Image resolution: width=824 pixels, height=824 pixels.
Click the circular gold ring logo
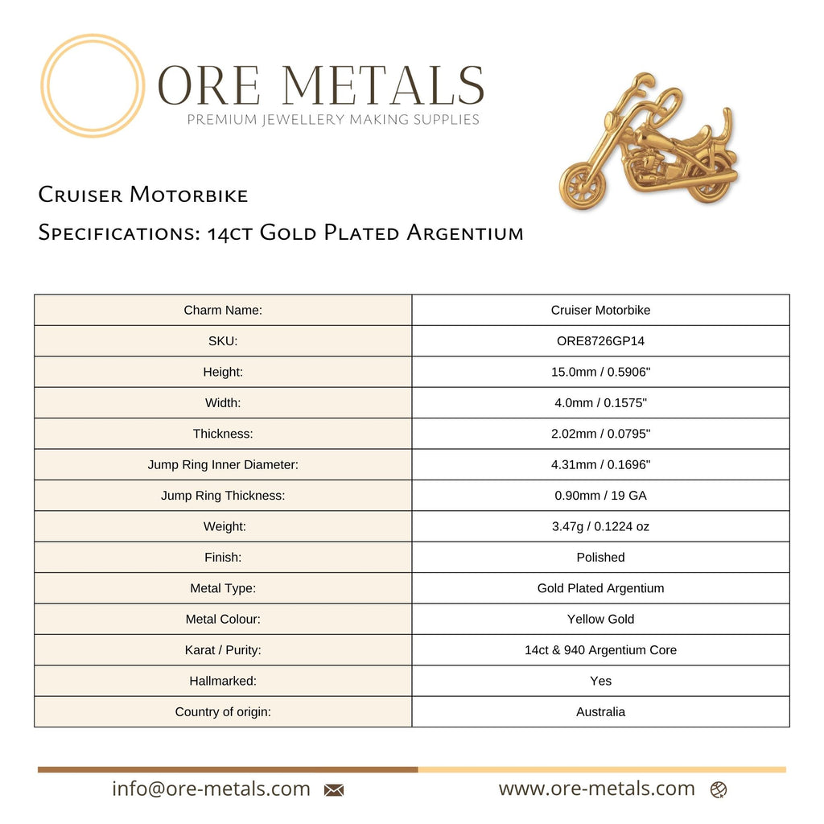93,85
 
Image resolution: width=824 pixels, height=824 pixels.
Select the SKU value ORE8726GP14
600,341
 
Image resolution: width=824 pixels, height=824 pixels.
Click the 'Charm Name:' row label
223,311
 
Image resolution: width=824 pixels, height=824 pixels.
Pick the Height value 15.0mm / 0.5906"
600,372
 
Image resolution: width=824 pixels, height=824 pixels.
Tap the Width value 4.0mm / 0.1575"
600,403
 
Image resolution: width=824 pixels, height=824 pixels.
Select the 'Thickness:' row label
223,434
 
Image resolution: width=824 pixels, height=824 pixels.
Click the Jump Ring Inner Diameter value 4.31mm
600,464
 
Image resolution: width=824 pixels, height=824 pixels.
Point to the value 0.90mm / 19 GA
600,496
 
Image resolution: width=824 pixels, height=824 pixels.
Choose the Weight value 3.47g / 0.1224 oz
600,526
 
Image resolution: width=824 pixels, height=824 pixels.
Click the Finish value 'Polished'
600,558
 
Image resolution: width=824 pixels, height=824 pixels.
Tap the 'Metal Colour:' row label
223,619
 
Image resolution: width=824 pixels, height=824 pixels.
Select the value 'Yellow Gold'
600,619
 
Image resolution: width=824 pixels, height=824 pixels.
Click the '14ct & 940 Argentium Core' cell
600,650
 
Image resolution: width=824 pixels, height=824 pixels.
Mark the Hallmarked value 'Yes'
600,681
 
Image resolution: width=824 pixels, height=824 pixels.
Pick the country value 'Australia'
600,712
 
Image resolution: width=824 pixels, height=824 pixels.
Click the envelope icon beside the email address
334,790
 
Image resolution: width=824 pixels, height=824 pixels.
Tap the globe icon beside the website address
719,790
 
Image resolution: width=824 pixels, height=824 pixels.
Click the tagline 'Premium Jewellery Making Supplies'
333,120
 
